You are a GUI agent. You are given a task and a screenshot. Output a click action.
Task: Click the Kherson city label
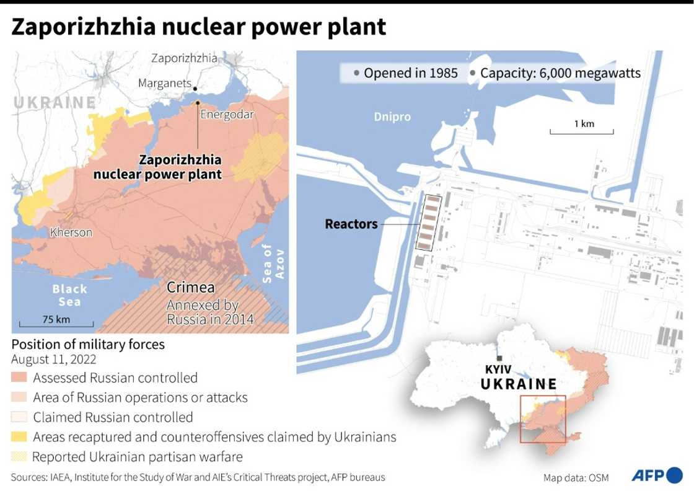tap(71, 232)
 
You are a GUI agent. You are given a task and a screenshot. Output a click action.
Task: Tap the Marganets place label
tap(164, 83)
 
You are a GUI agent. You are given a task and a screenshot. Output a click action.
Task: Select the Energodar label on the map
tap(227, 114)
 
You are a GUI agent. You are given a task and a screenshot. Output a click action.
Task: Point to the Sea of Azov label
tap(273, 263)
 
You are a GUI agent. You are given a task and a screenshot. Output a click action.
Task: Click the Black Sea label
tap(69, 295)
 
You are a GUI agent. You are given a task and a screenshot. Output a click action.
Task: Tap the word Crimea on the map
tap(191, 288)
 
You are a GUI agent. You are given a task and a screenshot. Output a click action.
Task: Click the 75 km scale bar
tap(56, 322)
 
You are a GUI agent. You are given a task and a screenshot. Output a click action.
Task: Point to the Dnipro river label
tap(392, 117)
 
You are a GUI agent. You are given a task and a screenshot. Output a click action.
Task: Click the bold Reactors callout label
tap(351, 224)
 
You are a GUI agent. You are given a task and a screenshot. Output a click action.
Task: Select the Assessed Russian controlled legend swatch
tap(19, 378)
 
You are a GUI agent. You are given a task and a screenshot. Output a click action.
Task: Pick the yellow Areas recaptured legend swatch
tap(19, 437)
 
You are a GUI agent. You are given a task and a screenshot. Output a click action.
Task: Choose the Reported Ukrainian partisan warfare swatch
tap(19, 457)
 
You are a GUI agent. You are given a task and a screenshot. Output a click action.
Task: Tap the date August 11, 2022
tap(53, 360)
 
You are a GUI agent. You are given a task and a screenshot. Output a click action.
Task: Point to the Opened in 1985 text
tap(410, 73)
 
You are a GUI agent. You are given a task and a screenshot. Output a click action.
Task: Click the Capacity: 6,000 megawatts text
tap(560, 73)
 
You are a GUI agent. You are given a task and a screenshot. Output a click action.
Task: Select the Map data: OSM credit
tap(576, 477)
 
